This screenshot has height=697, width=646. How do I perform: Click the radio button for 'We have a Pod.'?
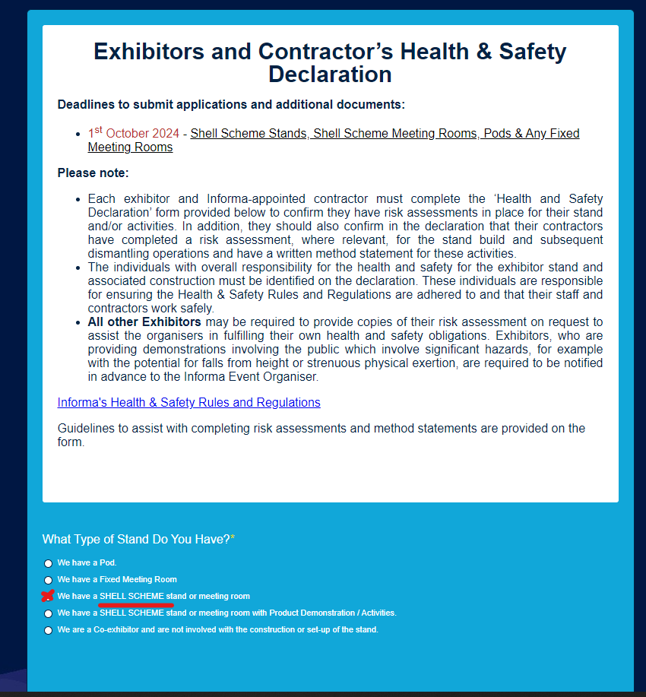coord(49,563)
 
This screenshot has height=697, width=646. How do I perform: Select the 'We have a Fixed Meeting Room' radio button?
coord(49,580)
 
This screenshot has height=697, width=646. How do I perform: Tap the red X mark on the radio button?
coord(48,596)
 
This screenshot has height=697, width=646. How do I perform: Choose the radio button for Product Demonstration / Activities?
coord(49,613)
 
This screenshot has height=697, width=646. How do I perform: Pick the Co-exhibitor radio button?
coord(49,630)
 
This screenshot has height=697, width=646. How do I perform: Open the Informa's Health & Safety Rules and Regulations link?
coord(188,402)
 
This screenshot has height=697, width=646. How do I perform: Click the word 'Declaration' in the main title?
coord(330,74)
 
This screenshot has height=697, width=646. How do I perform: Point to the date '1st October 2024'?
coord(134,134)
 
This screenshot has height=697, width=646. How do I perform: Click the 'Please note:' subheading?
coord(93,173)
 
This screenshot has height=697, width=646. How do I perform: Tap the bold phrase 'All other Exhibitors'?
coord(144,322)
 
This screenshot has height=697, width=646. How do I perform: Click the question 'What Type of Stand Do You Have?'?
coord(136,539)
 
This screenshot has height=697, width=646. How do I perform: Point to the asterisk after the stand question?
coord(233,538)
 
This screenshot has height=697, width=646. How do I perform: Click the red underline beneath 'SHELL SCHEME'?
coord(137,606)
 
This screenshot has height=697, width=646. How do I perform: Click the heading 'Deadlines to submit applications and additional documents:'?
coord(231,104)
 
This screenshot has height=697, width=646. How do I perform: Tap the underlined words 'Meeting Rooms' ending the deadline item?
coord(130,147)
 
